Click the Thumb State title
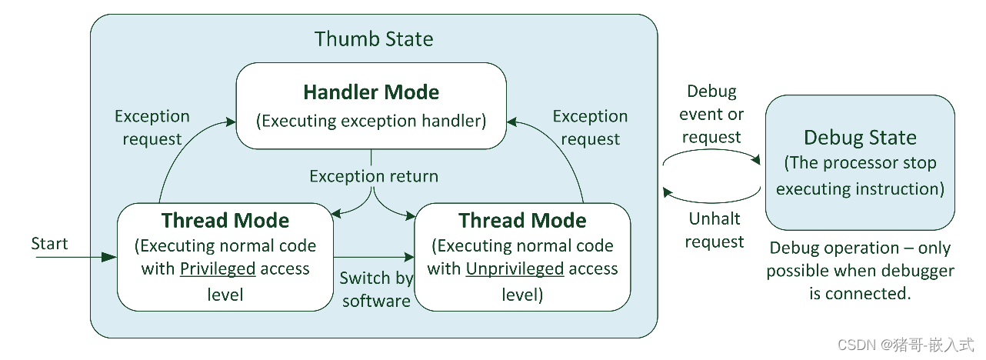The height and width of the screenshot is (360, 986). point(374,38)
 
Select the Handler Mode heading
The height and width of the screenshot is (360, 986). point(371,92)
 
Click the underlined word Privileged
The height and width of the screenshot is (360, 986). point(218,268)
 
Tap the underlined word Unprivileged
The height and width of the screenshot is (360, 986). point(515,268)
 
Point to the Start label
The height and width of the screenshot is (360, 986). point(49,244)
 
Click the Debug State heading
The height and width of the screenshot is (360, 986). point(860,138)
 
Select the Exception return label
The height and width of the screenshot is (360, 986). point(374,176)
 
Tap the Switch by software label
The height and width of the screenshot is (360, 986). point(376,289)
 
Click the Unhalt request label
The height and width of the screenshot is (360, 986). point(715,230)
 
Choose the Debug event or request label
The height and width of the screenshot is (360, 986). point(712,114)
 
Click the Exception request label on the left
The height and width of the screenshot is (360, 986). point(152,127)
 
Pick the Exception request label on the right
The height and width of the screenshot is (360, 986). point(590,127)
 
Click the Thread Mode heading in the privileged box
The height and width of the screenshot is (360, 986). point(225,221)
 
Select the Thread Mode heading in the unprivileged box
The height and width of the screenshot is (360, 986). point(522,221)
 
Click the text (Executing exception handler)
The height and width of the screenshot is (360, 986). point(371,120)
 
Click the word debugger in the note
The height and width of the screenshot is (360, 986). point(915,271)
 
